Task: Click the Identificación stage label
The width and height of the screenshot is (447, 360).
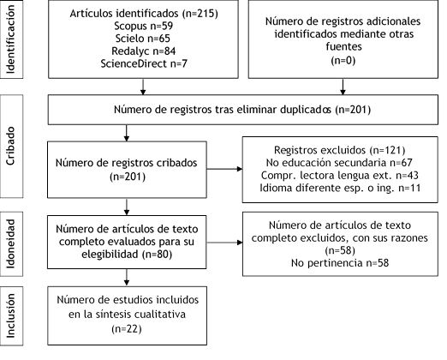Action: [10, 39]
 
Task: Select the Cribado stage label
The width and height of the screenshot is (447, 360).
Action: [10, 146]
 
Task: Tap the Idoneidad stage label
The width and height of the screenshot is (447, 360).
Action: [10, 243]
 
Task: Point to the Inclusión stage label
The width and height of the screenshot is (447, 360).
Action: [10, 315]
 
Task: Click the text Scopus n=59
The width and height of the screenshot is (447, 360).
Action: [144, 26]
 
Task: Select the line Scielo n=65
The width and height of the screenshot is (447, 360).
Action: [143, 39]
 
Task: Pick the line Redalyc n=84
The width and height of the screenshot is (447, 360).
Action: [144, 51]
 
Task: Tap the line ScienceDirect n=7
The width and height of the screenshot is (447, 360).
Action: [144, 63]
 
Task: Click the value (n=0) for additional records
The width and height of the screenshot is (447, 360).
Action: [343, 60]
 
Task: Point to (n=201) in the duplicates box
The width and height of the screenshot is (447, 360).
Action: [353, 110]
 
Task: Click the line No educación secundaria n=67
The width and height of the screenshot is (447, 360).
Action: [339, 163]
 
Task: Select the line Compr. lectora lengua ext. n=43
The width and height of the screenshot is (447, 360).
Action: [340, 175]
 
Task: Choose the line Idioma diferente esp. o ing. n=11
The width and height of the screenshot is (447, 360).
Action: [340, 188]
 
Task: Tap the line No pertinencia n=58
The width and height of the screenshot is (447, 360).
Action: [340, 263]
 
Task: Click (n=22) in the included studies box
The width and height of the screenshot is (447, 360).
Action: [127, 329]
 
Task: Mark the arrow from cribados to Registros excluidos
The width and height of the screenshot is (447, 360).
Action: [224, 169]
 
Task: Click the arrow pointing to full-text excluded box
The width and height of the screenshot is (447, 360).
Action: [224, 243]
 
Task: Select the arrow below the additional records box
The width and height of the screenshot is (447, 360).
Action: [343, 87]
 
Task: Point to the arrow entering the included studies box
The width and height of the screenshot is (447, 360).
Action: [127, 278]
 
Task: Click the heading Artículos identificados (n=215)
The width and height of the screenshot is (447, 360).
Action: [144, 14]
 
